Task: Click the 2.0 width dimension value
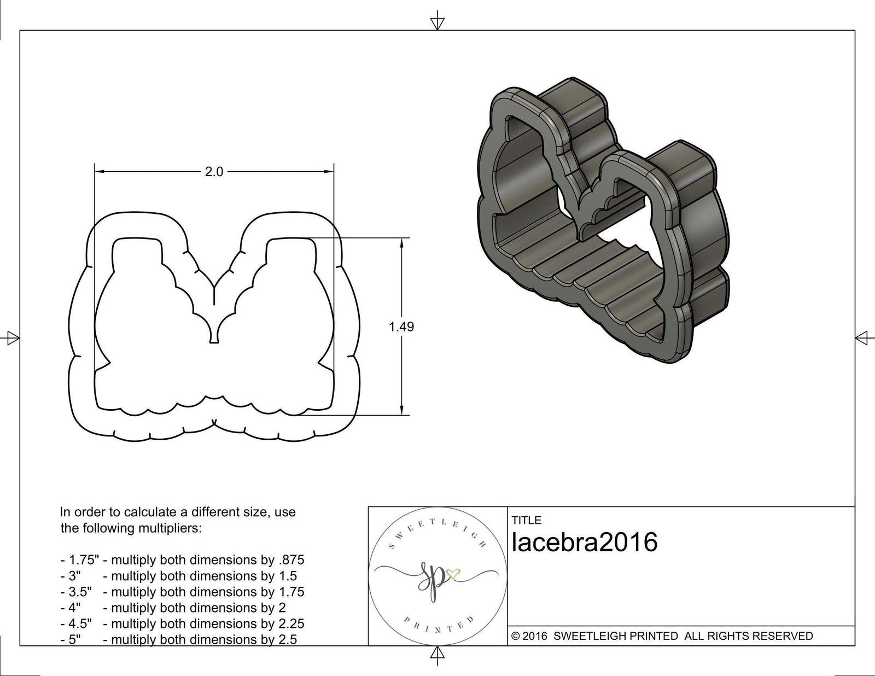pyautogui.click(x=214, y=172)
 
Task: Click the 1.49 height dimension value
pyautogui.click(x=401, y=327)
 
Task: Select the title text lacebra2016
pyautogui.click(x=585, y=543)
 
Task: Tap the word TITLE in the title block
pyautogui.click(x=526, y=520)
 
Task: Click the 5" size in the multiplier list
pyautogui.click(x=74, y=639)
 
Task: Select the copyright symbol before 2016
pyautogui.click(x=515, y=636)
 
